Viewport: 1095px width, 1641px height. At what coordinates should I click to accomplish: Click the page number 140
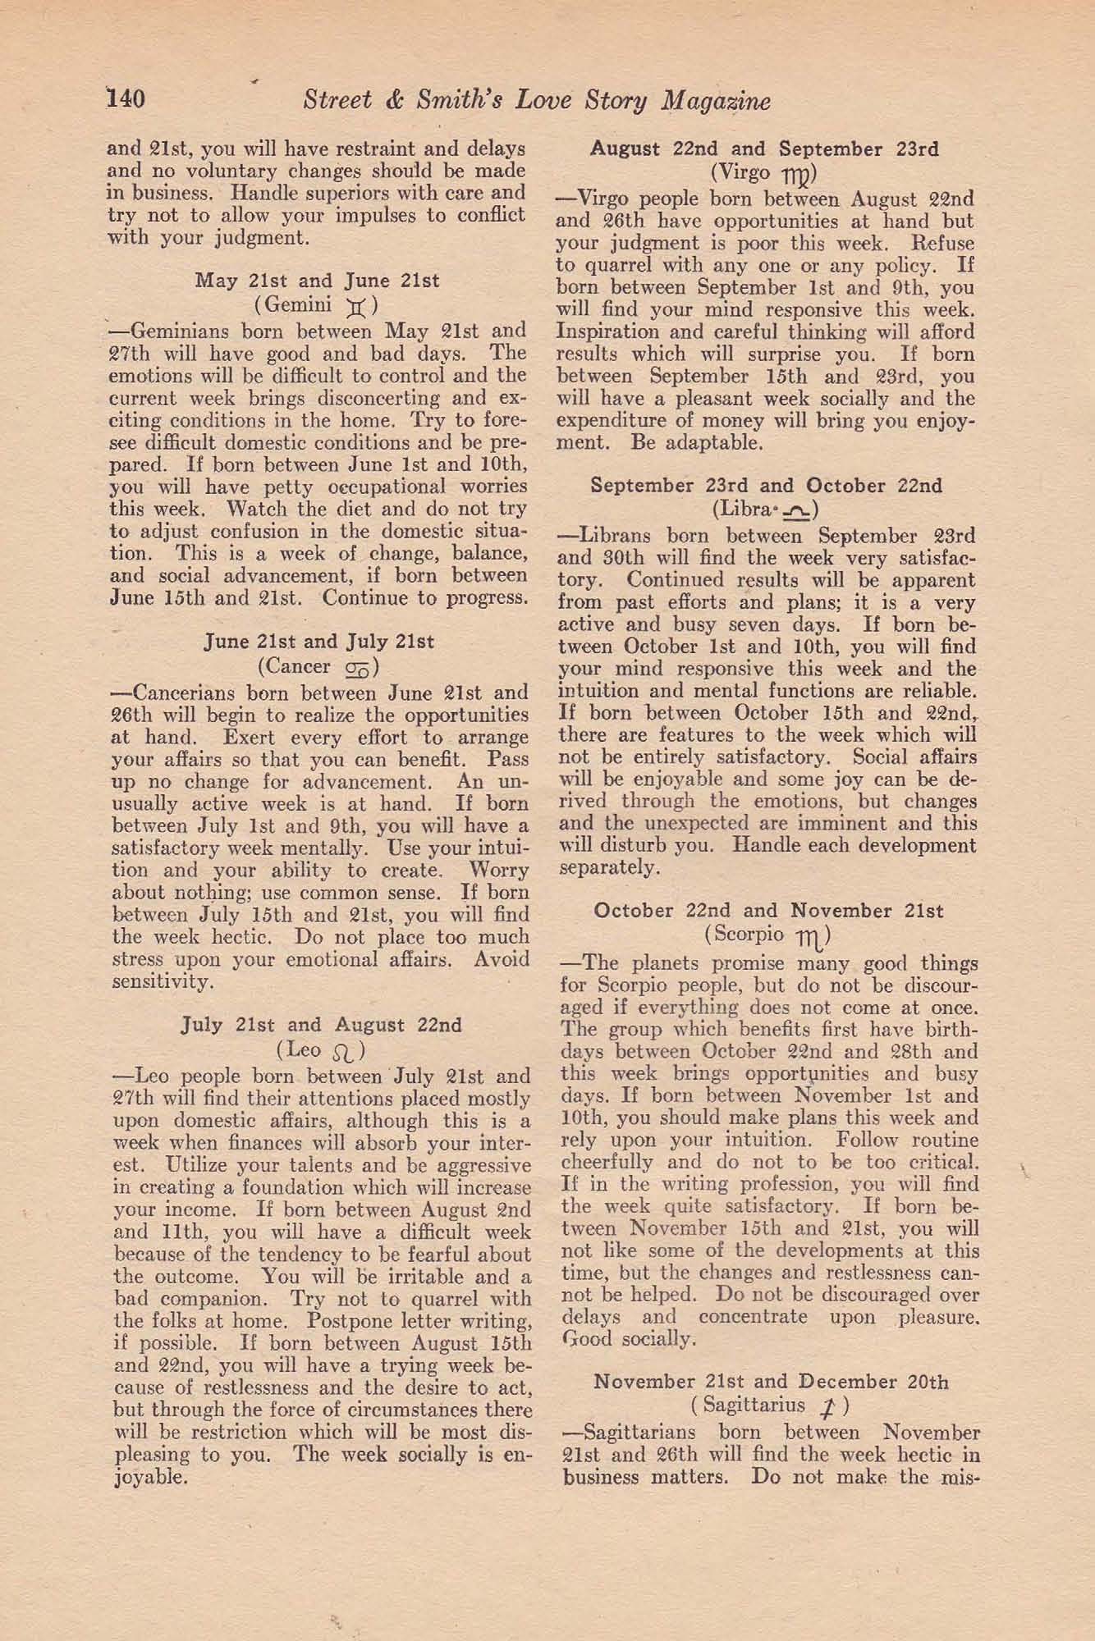[126, 99]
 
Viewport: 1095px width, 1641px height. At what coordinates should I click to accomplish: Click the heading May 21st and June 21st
[317, 281]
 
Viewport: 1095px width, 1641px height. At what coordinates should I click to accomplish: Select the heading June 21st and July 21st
[318, 642]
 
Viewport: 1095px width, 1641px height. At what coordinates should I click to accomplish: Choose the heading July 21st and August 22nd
[321, 1025]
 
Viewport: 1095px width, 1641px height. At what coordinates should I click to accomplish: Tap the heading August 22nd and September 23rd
[765, 149]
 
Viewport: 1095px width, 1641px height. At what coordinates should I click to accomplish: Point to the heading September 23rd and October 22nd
[767, 485]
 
